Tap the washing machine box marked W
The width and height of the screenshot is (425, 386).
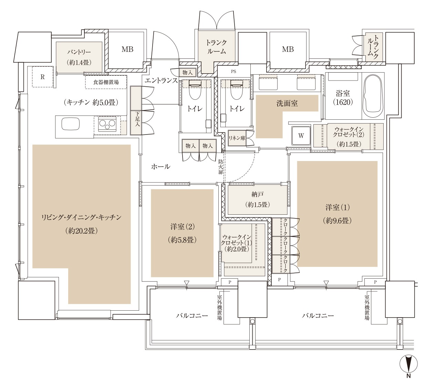point(301,136)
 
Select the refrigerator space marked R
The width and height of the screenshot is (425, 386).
point(43,77)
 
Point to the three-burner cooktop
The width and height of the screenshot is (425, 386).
point(107,124)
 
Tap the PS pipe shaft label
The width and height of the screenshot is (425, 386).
point(233,72)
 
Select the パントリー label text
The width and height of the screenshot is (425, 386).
point(79,52)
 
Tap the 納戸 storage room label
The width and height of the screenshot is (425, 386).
point(257,194)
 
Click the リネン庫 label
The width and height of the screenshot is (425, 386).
point(237,138)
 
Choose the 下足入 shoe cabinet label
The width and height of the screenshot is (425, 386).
point(137,121)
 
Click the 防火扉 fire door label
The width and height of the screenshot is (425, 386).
point(220,167)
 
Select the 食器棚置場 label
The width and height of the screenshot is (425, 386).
point(106,82)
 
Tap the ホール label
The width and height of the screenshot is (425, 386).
point(160,167)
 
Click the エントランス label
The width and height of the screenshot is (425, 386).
point(161,81)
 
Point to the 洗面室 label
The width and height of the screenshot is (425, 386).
point(287,103)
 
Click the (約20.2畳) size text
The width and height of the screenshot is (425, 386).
point(82,230)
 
